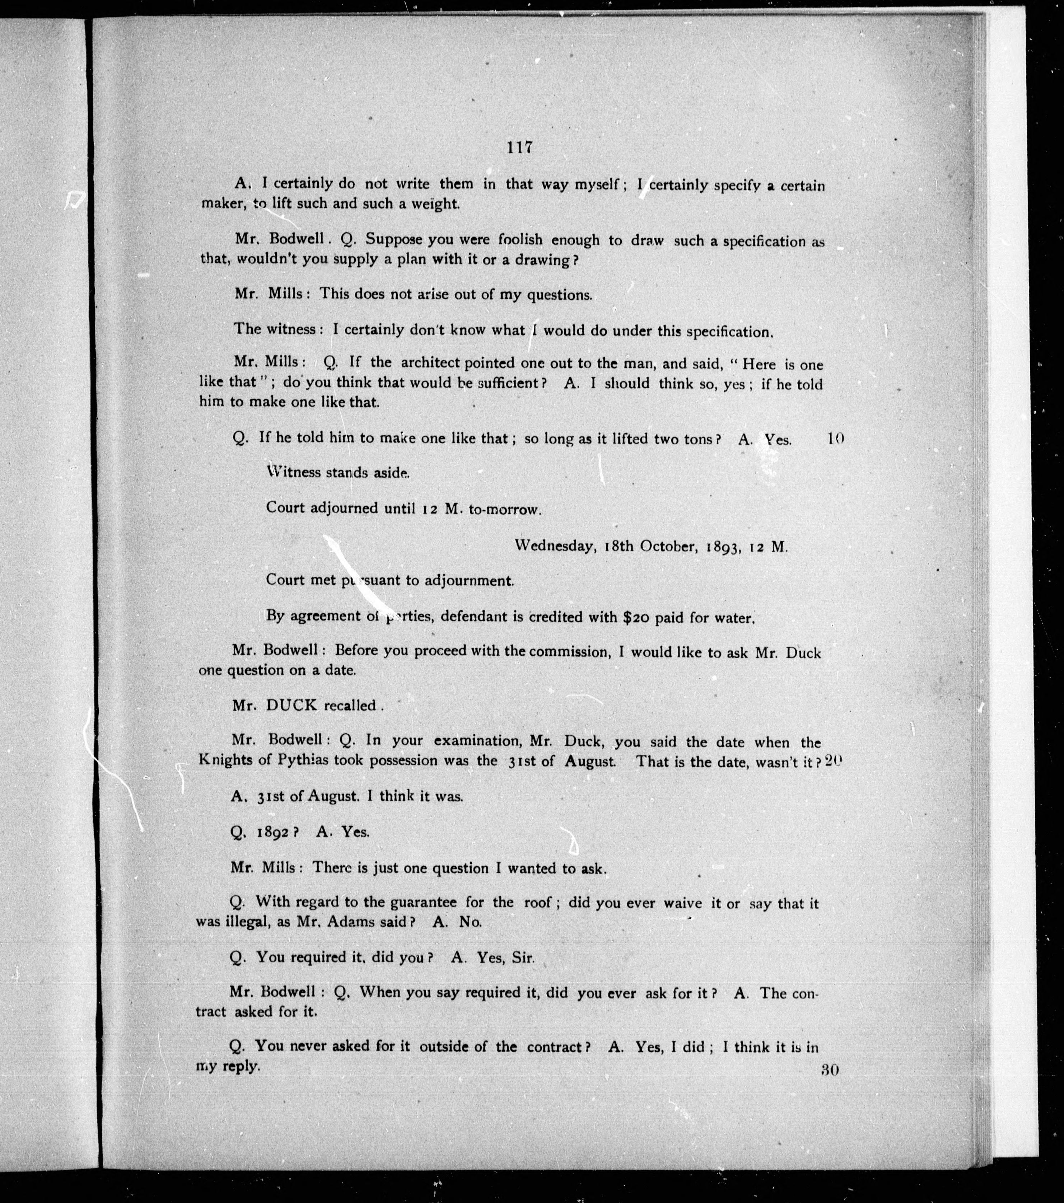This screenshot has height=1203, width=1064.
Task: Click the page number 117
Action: [x=519, y=148]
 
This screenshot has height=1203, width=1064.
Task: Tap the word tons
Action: [x=694, y=439]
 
